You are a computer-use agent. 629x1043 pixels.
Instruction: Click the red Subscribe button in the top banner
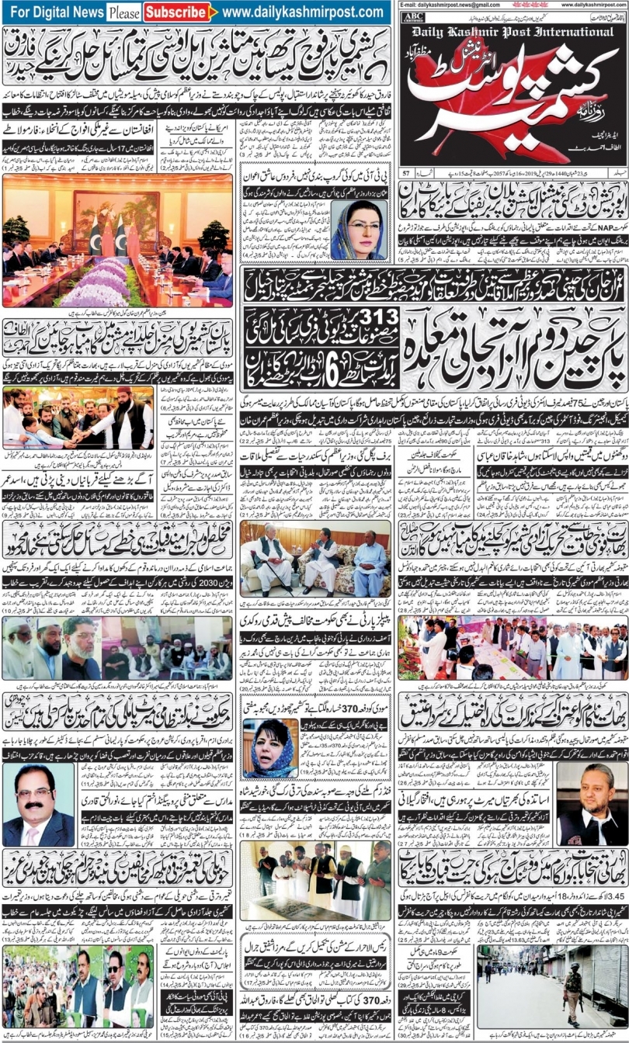[x=178, y=12]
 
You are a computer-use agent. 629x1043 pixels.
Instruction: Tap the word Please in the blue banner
[x=124, y=12]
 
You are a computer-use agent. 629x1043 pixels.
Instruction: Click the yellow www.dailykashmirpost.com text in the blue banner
[x=302, y=12]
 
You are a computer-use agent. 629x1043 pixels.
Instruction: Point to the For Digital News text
[x=57, y=12]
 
